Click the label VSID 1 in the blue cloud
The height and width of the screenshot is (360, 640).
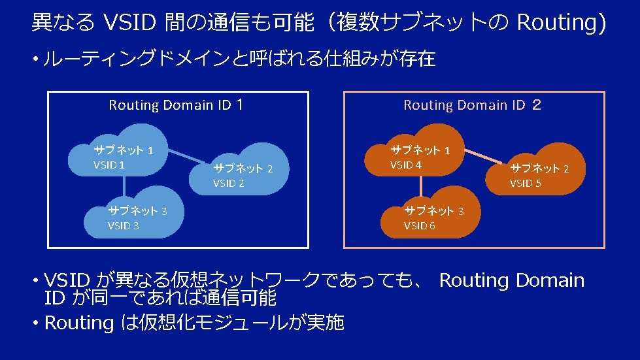(x=109, y=165)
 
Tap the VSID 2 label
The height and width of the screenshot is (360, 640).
(x=228, y=184)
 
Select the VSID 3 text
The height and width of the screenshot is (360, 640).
(x=123, y=225)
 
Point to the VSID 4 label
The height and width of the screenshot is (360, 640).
(x=406, y=165)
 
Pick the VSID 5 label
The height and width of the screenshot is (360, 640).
(x=525, y=184)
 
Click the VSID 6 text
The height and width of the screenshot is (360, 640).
(x=419, y=225)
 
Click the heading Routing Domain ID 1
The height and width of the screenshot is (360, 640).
(x=177, y=105)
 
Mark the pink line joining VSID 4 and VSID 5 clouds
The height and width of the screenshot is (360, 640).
(x=491, y=159)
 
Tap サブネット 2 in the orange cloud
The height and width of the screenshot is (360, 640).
(x=539, y=169)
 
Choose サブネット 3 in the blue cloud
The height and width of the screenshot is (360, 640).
(x=137, y=211)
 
